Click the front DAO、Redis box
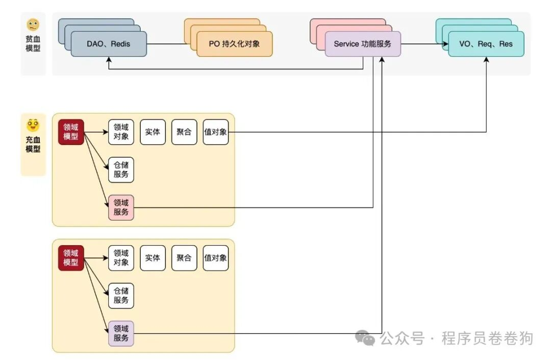109,44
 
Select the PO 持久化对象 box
234,44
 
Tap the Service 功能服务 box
362,44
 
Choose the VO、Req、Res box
486,44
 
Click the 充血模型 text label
33,144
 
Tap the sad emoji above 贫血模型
33,25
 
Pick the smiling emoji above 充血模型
33,125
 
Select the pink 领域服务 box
121,207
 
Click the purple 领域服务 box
121,333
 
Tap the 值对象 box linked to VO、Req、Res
215,132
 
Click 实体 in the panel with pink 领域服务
153,132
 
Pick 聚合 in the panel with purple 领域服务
184,258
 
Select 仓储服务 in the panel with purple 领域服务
121,296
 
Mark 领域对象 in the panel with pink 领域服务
121,132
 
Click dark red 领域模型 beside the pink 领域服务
71,132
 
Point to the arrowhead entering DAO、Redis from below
109,60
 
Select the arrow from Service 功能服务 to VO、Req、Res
423,44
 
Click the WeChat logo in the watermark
366,338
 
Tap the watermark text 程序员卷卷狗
487,338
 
